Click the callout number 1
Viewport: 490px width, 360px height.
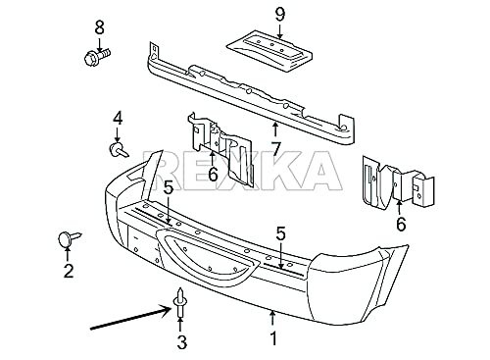click(x=273, y=338)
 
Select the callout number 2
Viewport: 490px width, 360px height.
click(x=69, y=271)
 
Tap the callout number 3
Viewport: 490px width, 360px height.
click(x=181, y=342)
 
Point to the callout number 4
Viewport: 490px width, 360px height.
click(x=118, y=118)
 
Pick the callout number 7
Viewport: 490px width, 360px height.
click(x=276, y=149)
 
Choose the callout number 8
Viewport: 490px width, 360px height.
click(x=99, y=27)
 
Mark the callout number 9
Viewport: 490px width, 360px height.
click(x=280, y=15)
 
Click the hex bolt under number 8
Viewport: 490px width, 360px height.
click(x=97, y=56)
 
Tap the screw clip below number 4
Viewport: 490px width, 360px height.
click(x=119, y=150)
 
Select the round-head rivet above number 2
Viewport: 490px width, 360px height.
click(x=69, y=238)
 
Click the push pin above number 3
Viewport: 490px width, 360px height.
click(x=179, y=303)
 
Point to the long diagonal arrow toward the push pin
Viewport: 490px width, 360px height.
click(x=130, y=318)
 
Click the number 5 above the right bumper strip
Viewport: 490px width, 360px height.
click(x=280, y=233)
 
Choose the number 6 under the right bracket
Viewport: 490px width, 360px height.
click(x=401, y=224)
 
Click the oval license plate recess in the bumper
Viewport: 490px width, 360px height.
click(x=207, y=255)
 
